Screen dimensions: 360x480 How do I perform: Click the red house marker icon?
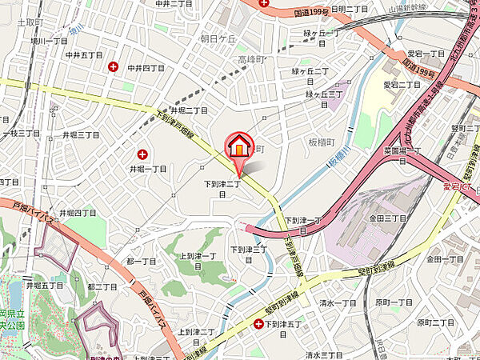pyautogui.click(x=238, y=146)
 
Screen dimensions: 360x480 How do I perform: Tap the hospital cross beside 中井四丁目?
pyautogui.click(x=114, y=66)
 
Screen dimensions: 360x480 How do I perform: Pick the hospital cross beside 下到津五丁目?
pyautogui.click(x=258, y=324)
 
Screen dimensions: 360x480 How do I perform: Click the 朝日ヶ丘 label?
pyautogui.click(x=218, y=38)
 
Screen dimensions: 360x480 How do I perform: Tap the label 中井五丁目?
pyautogui.click(x=83, y=54)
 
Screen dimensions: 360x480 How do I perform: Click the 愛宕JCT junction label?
pyautogui.click(x=458, y=187)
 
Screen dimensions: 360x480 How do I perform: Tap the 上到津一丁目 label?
pyautogui.click(x=198, y=260)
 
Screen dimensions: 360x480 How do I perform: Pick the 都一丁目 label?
pyautogui.click(x=141, y=262)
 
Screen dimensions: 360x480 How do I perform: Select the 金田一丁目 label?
pyautogui.click(x=446, y=259)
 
